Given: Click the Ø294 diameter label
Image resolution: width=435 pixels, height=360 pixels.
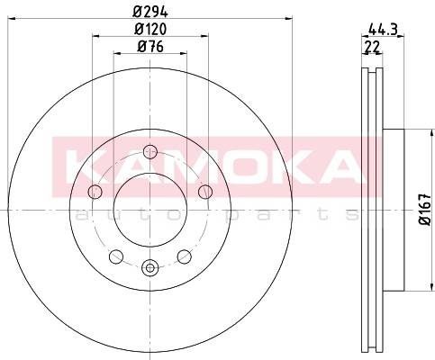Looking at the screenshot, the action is tap(150, 12).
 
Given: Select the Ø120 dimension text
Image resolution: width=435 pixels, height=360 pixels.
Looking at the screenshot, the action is tap(150, 29).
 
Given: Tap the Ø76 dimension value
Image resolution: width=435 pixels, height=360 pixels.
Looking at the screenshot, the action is tap(150, 47).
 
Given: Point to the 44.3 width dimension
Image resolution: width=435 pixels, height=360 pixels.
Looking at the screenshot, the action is tap(383, 30).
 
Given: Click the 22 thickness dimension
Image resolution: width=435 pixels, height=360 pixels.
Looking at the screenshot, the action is tap(372, 47).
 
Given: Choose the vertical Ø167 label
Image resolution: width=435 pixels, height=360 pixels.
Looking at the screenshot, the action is tap(425, 209).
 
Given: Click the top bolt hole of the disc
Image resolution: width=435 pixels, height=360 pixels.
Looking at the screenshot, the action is tap(150, 151).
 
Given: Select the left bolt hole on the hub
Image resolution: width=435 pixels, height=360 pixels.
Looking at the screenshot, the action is tap(95, 192).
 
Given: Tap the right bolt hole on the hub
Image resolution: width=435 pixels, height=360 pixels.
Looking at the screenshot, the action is tap(205, 192).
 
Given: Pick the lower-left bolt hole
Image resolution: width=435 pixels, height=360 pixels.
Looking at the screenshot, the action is tap(116, 256).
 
